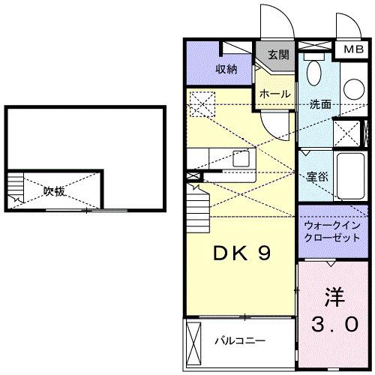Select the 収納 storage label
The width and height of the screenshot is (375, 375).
point(227,69)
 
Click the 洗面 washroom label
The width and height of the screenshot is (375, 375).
point(319,104)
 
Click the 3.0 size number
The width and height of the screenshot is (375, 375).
point(334,324)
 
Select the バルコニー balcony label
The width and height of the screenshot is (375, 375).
point(240,341)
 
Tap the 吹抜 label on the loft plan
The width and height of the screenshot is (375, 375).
point(53,191)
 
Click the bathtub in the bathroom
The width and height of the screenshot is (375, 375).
point(352,175)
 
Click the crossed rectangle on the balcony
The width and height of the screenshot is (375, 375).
point(194,341)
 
